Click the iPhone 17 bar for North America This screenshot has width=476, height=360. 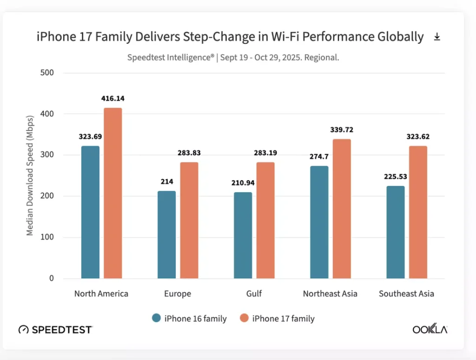[112, 193]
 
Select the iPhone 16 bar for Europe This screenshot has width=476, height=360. [166, 235]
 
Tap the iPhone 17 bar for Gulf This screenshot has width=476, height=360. [265, 220]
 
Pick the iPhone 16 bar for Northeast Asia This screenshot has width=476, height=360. [319, 222]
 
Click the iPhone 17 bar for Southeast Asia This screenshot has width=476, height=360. [418, 212]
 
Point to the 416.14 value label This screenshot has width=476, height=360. [113, 98]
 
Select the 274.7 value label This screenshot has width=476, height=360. [319, 157]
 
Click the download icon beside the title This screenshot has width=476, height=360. [437, 37]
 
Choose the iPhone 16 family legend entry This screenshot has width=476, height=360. [190, 318]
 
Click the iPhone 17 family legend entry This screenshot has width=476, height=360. [278, 318]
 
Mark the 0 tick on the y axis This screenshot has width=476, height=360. [51, 279]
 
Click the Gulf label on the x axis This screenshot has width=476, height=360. [254, 294]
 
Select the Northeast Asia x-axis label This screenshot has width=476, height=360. [330, 294]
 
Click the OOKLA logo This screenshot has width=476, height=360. [430, 329]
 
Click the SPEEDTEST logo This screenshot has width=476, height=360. [55, 330]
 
